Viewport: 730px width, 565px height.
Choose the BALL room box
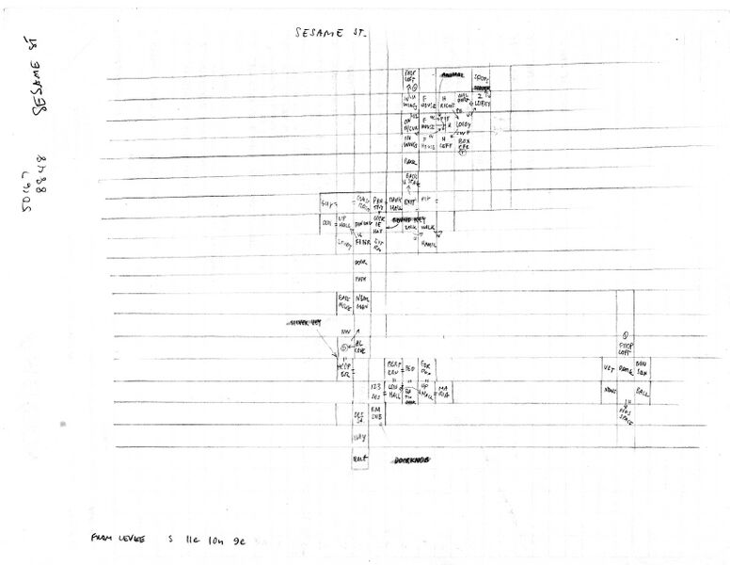[643, 388]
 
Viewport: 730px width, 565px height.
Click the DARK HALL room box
[396, 201]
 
